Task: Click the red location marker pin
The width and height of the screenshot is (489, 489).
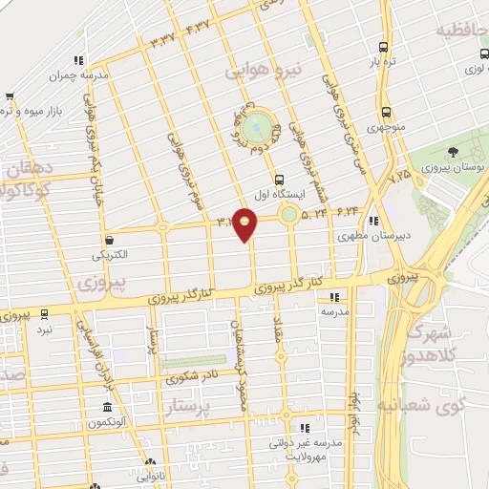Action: (245, 225)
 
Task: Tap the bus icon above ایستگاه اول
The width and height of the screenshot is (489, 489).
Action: (279, 179)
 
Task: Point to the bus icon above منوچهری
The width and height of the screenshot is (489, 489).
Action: (386, 110)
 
